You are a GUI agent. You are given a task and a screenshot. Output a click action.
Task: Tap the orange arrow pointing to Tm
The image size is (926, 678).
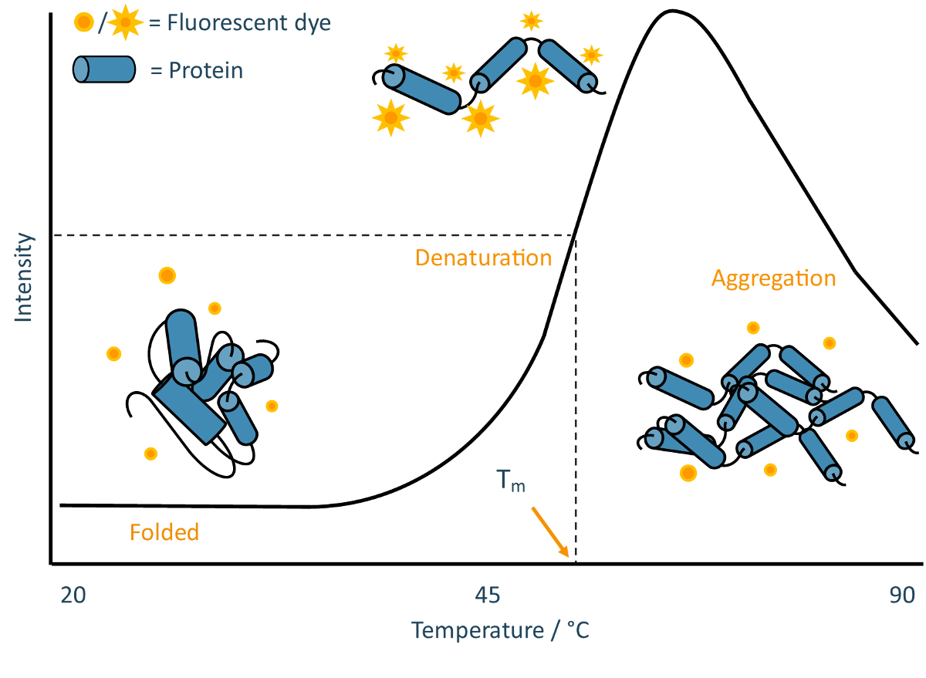tap(550, 531)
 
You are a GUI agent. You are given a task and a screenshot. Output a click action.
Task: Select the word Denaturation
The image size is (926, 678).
tap(483, 257)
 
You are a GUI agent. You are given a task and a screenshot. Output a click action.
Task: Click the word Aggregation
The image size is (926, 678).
tap(773, 278)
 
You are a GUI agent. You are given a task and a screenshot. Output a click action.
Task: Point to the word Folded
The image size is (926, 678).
tap(164, 531)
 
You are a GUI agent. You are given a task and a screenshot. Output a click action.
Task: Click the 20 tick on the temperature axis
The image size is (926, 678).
tap(73, 595)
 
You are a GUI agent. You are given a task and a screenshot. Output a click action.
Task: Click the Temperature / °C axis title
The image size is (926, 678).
tap(501, 630)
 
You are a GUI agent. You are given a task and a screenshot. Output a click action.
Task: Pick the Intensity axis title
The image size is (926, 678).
tap(24, 278)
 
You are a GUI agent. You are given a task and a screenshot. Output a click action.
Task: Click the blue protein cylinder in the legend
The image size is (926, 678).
tap(104, 70)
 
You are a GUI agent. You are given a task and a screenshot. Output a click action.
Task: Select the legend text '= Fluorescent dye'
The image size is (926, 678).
tap(240, 23)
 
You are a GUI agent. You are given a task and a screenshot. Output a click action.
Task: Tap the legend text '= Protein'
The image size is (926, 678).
tap(197, 71)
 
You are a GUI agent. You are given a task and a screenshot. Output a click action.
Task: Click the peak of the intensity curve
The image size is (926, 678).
tap(673, 11)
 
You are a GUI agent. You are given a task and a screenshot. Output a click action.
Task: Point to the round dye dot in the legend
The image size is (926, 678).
tap(84, 23)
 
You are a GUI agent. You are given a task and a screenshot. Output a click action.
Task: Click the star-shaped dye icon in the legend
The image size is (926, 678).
tap(125, 23)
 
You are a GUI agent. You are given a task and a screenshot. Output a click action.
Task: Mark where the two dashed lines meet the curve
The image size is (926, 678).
tap(575, 235)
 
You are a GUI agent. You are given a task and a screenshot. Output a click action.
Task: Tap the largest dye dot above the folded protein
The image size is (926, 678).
tap(167, 275)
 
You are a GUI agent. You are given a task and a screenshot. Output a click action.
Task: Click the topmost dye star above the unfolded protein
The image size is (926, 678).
tap(531, 21)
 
